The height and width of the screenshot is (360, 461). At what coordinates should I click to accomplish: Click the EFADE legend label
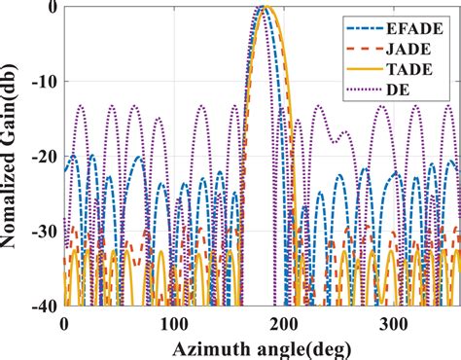[418, 28]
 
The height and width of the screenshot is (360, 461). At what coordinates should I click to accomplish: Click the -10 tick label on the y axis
[43, 83]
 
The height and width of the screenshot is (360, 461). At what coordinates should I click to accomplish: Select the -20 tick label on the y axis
[43, 158]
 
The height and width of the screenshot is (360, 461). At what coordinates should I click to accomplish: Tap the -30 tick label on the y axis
[43, 233]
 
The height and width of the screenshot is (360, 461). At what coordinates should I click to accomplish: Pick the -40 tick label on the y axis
[43, 307]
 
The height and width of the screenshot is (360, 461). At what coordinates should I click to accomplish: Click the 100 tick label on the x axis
[173, 324]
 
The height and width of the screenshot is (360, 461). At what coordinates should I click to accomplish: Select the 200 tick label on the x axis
[283, 324]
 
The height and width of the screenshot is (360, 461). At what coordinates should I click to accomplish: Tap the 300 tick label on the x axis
[393, 324]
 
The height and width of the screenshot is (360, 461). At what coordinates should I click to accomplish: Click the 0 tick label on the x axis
[64, 324]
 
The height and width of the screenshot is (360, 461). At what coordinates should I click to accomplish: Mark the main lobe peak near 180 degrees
[263, 8]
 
